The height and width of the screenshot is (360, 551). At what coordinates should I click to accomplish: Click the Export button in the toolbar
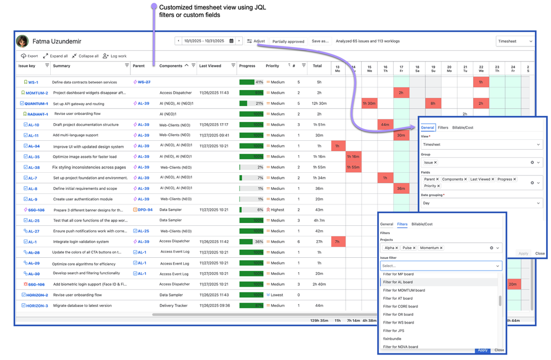click(x=29, y=56)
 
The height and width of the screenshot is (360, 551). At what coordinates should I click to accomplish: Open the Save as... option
click(x=320, y=41)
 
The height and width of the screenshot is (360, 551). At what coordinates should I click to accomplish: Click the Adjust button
click(x=256, y=41)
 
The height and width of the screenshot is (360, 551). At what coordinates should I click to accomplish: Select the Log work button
click(x=115, y=56)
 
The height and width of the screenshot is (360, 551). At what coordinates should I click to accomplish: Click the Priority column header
click(x=273, y=66)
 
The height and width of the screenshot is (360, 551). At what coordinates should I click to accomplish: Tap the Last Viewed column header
click(x=210, y=66)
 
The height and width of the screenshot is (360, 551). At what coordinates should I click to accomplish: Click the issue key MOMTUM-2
click(x=36, y=93)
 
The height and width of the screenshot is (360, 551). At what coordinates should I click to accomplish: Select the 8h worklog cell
click(x=433, y=103)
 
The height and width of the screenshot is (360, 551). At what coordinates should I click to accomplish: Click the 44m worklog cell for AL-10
click(x=385, y=125)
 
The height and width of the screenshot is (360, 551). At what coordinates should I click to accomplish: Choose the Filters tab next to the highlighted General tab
click(x=443, y=128)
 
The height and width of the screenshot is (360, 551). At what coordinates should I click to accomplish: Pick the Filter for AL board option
click(x=398, y=282)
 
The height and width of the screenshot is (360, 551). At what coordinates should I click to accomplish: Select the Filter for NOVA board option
click(x=401, y=347)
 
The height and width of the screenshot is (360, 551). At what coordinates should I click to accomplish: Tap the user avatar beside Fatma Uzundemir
click(x=23, y=41)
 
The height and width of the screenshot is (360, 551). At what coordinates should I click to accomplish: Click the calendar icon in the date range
click(x=231, y=41)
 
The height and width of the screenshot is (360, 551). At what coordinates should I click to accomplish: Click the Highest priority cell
click(x=275, y=210)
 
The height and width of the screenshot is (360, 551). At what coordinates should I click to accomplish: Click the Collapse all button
click(x=85, y=56)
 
